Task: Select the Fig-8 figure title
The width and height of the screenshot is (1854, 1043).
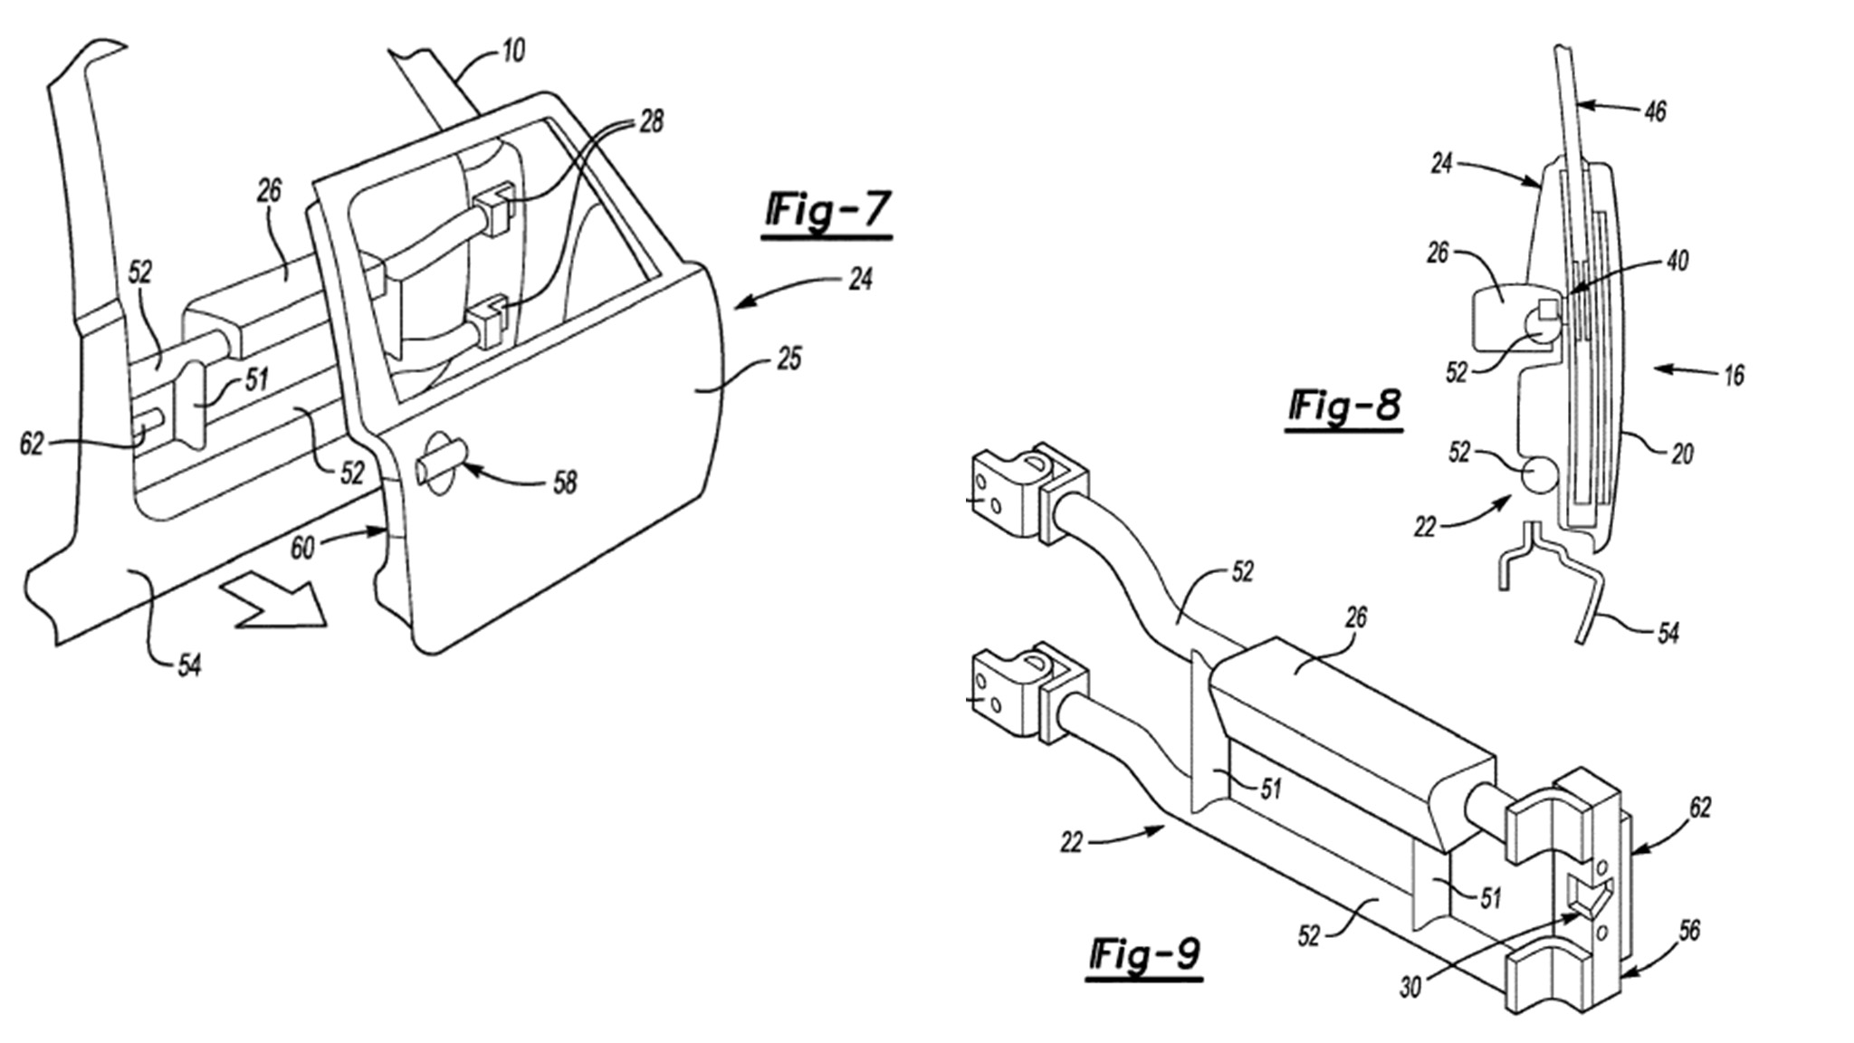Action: (1344, 407)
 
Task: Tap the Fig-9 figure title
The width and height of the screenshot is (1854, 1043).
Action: (1145, 954)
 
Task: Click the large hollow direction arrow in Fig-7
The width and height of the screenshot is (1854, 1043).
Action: (272, 600)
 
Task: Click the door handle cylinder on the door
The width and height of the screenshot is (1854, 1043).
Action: (440, 464)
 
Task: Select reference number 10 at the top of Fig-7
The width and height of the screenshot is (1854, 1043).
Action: (512, 51)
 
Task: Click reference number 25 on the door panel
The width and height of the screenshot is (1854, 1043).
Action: (788, 359)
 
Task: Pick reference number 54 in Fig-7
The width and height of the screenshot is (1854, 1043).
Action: (188, 666)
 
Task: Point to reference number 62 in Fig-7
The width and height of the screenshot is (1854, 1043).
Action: (32, 444)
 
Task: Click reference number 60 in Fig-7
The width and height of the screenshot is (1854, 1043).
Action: (302, 548)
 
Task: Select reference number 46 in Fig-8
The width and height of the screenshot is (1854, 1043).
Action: (1654, 111)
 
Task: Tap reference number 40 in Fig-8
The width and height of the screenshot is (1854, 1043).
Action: (1677, 261)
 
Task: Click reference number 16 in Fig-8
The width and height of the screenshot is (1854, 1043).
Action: (1733, 374)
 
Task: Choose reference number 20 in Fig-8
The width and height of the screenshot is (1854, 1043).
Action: (1681, 453)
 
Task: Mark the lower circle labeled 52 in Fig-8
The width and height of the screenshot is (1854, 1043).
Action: (1539, 474)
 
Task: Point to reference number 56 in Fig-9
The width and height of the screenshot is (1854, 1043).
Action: (1688, 930)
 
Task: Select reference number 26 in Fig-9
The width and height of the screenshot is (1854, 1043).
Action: (1355, 618)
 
